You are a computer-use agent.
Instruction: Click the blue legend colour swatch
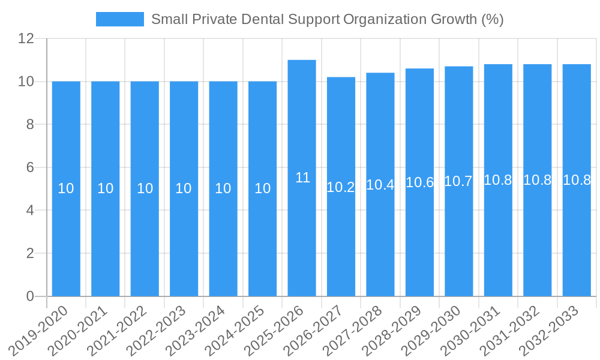pyautogui.click(x=120, y=19)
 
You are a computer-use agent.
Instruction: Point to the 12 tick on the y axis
pyautogui.click(x=26, y=39)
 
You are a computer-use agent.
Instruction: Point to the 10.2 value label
pyautogui.click(x=341, y=187)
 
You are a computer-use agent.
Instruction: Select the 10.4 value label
pyautogui.click(x=380, y=185)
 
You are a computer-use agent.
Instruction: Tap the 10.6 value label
pyautogui.click(x=419, y=182)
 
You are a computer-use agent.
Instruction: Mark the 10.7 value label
pyautogui.click(x=458, y=181)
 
